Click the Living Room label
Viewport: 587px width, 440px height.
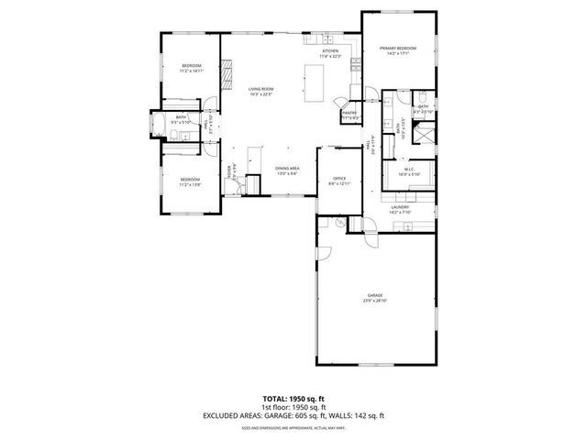(x=260, y=88)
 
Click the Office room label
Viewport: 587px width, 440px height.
(x=338, y=180)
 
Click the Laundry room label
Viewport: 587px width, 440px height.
(x=400, y=207)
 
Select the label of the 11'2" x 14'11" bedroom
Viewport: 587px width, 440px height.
(x=191, y=66)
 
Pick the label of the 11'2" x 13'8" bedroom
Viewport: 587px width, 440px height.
(x=190, y=179)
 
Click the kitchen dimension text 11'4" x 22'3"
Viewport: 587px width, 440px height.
(x=329, y=57)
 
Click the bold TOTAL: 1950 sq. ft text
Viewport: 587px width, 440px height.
(x=293, y=400)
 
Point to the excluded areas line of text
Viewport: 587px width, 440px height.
(x=293, y=417)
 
